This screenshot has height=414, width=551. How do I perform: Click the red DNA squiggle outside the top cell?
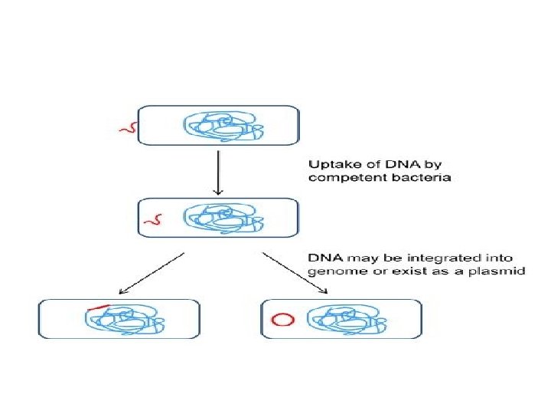pos(126,128)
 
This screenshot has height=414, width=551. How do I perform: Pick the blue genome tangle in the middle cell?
pos(222,219)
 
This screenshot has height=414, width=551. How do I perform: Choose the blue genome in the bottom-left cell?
pos(124,319)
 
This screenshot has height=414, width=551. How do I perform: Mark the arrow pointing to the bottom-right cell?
pos(295,271)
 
